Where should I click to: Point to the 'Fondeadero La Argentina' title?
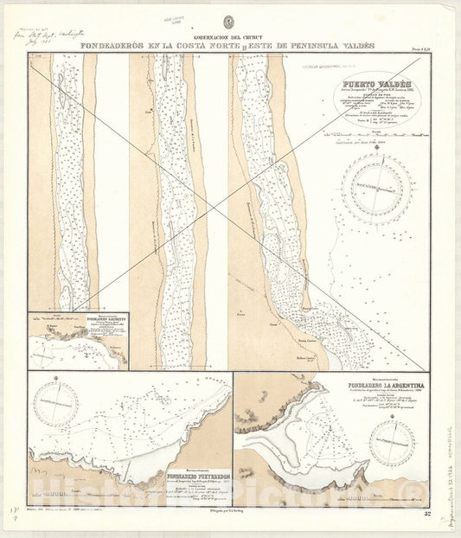click(347, 386)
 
